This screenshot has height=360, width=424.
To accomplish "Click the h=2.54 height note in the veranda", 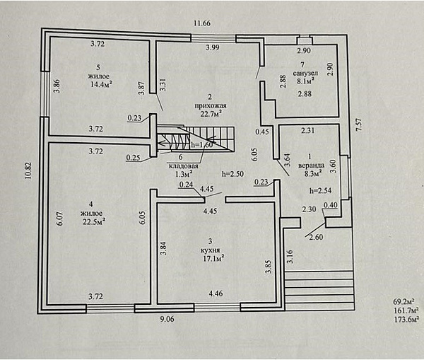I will (x=321, y=190).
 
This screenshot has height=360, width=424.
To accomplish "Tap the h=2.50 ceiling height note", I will (x=232, y=173).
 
